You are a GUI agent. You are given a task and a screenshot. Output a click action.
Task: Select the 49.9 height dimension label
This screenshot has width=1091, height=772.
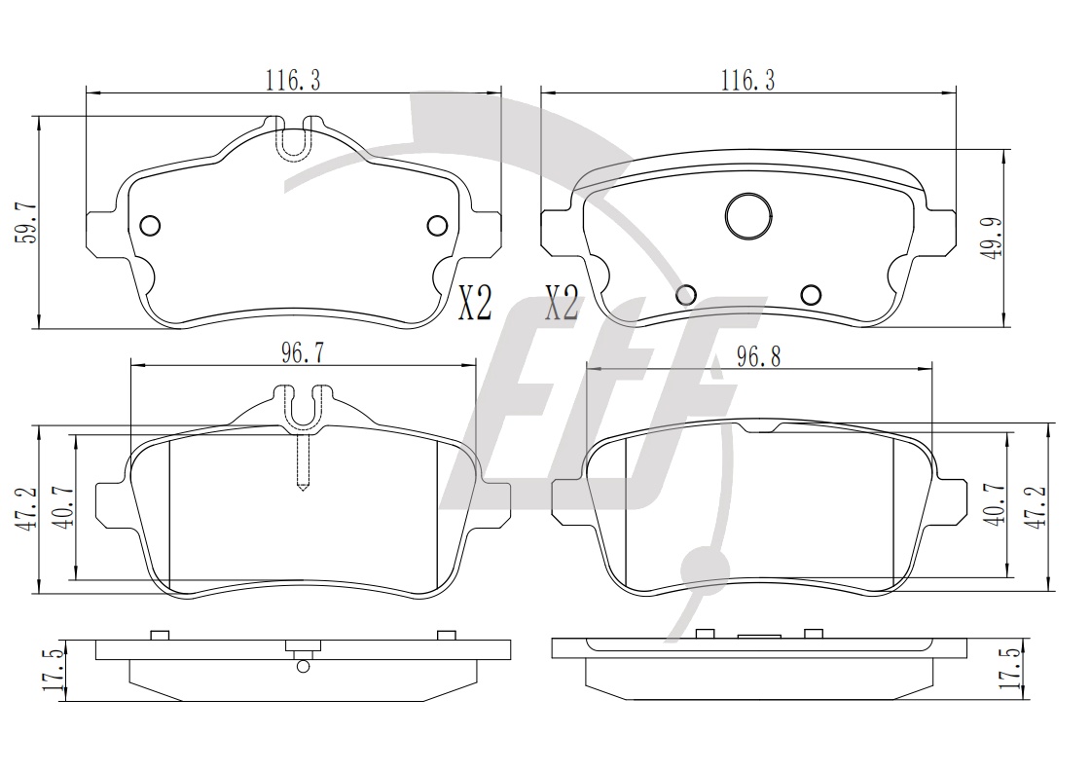coord(992,238)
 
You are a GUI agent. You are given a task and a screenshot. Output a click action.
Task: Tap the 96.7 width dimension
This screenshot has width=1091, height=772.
coord(302,353)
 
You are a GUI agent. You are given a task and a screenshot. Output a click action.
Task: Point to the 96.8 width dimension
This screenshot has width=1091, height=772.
coord(759,356)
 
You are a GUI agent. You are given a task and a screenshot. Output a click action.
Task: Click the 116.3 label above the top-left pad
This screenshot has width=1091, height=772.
coord(293,81)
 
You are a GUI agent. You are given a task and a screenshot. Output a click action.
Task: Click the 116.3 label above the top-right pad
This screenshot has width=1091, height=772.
coord(747,80)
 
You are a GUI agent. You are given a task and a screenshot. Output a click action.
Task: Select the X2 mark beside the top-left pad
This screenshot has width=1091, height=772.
coord(475,303)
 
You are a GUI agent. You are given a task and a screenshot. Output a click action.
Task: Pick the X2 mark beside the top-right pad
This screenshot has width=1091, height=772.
coord(562,303)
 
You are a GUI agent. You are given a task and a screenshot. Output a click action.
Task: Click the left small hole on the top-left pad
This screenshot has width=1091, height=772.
coord(150,226)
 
